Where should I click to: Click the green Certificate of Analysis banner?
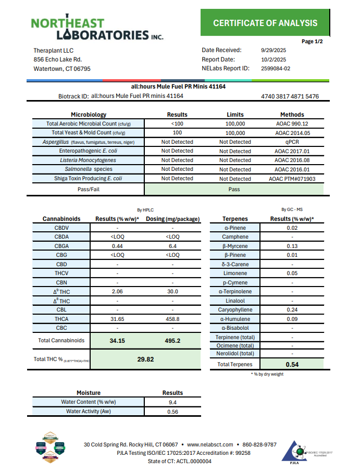[265, 23]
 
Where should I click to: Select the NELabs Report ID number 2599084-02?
[276, 68]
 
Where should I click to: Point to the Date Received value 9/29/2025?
[273, 51]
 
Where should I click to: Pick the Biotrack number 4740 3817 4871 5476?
[290, 96]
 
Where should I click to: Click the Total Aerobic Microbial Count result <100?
[177, 124]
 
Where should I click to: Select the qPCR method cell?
[292, 142]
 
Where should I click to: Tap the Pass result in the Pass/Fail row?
[234, 189]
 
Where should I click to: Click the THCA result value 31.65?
[117, 319]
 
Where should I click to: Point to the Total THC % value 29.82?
[145, 359]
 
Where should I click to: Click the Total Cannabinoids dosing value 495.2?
[172, 341]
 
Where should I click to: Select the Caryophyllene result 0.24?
[292, 310]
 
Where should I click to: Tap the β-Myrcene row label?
[235, 246]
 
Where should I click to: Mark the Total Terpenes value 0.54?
[292, 365]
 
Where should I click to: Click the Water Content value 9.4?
[172, 402]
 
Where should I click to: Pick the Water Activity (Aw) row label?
[88, 412]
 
